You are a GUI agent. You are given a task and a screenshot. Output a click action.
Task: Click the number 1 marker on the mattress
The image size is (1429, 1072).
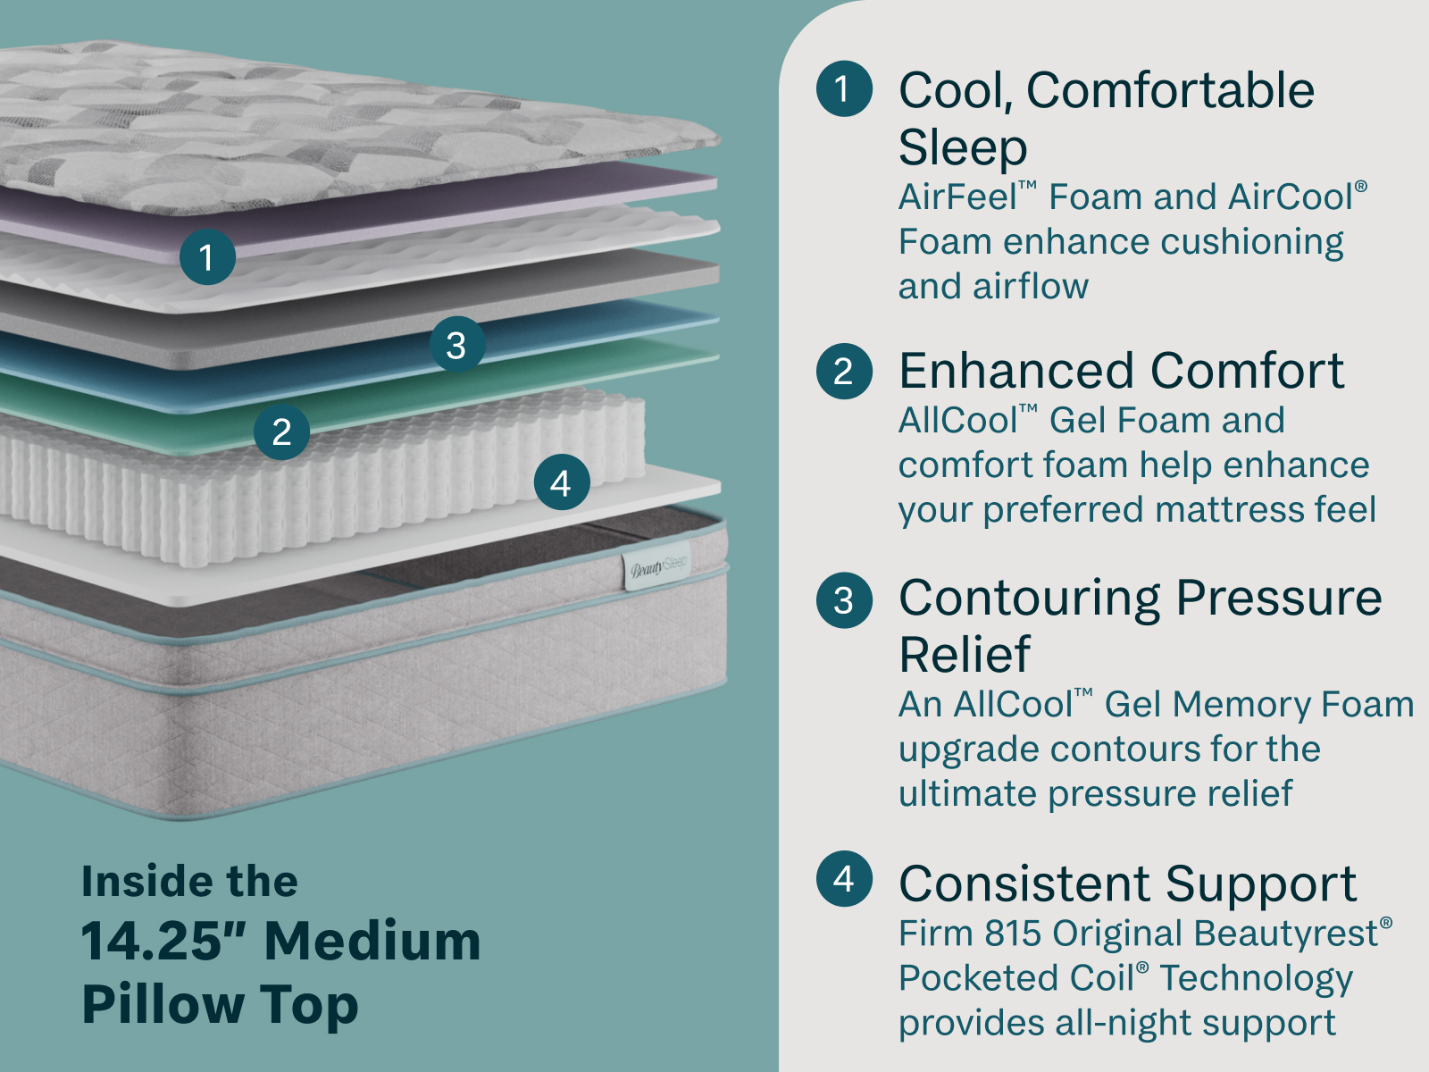click(207, 257)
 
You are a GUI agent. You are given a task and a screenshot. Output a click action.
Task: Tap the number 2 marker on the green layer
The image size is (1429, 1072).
click(281, 432)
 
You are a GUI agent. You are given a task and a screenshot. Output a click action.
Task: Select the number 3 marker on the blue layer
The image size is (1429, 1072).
click(457, 344)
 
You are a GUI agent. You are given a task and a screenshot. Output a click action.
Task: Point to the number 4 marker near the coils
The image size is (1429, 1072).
click(562, 482)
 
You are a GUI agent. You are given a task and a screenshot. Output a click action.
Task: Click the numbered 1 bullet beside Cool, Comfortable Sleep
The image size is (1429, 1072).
click(844, 88)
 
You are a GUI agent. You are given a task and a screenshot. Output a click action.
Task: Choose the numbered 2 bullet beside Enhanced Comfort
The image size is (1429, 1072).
click(844, 371)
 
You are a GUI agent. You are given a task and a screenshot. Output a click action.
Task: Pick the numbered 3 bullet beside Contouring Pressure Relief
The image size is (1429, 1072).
click(844, 600)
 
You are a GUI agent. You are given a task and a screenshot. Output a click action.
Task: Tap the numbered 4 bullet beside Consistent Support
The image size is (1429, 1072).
click(844, 879)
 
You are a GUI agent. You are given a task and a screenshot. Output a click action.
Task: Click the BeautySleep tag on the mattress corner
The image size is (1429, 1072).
click(656, 566)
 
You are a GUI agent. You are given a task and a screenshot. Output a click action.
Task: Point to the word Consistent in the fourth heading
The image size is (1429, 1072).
click(1024, 884)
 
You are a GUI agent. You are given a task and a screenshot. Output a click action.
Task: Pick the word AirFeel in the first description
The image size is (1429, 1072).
click(957, 197)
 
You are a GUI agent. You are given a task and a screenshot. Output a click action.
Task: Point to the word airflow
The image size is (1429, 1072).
click(1030, 287)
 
